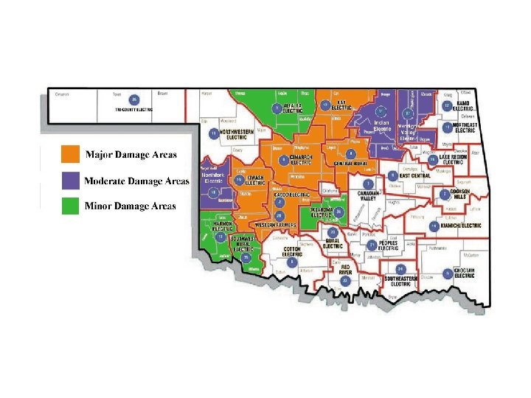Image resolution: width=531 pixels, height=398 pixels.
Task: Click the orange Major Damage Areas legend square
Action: pyautogui.click(x=70, y=154)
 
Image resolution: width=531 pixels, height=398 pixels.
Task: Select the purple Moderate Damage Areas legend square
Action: pyautogui.click(x=70, y=180)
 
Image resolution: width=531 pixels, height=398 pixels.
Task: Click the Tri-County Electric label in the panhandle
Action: pyautogui.click(x=133, y=109)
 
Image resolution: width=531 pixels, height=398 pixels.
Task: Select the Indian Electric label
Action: pyautogui.click(x=382, y=126)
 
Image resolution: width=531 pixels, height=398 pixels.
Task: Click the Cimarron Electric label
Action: pyautogui.click(x=301, y=159)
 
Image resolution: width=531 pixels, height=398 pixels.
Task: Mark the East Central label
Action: pyautogui.click(x=414, y=177)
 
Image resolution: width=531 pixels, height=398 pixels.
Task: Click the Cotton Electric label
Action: pyautogui.click(x=293, y=251)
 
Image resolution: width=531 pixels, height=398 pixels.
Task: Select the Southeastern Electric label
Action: pyautogui.click(x=401, y=281)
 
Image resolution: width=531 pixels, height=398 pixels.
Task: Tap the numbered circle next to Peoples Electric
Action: pyautogui.click(x=372, y=245)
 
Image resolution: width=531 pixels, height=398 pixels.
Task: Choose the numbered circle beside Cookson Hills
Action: pyautogui.click(x=443, y=195)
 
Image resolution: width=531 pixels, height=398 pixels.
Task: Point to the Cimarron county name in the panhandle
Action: pyautogui.click(x=62, y=94)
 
